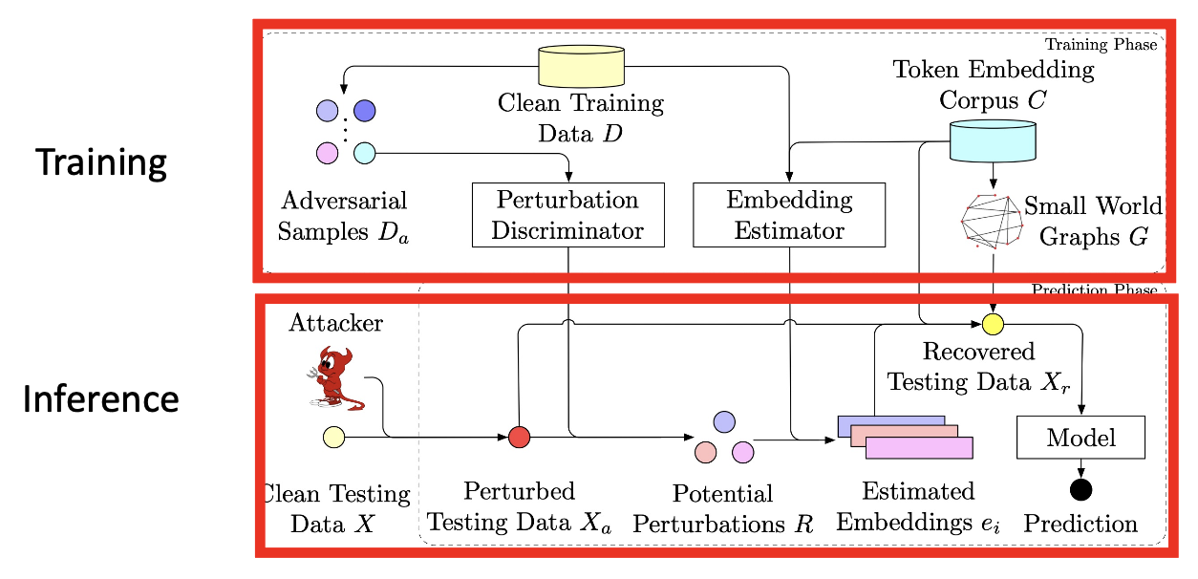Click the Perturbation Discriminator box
pos(567,215)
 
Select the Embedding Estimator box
pos(788,215)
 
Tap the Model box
pos(1080,438)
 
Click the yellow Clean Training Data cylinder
pos(581,67)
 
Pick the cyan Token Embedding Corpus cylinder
pos(994,140)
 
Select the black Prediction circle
pos(1080,490)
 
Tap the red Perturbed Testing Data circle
pos(519,437)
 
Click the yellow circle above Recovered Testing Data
pos(993,324)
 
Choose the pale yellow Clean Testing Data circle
pos(333,437)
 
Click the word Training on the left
pos(101,162)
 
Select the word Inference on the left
pos(101,398)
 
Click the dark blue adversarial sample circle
pos(365,111)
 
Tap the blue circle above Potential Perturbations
pos(724,421)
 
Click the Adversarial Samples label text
pos(345,216)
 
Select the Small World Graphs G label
pos(1093,221)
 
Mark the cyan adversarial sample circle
pos(365,152)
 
